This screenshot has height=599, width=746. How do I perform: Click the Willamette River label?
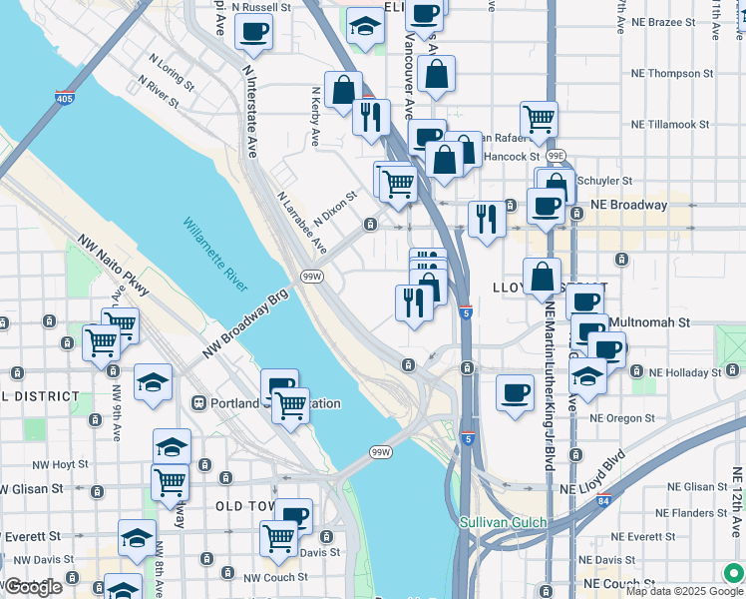point(214,255)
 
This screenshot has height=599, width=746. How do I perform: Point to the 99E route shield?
point(556,155)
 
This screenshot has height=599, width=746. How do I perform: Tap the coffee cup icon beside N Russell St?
point(253,30)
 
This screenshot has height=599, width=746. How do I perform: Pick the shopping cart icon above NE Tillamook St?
point(539,119)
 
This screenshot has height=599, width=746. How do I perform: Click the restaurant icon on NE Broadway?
point(487,218)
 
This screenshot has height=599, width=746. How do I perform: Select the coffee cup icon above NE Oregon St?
point(515,391)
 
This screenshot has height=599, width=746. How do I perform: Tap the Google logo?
point(33,587)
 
